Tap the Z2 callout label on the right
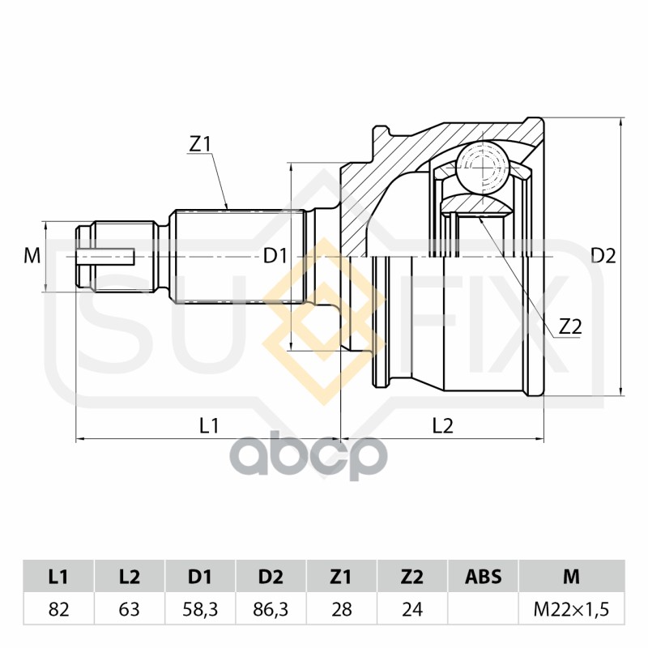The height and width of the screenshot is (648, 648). (570, 327)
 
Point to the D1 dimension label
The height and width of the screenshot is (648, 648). (275, 256)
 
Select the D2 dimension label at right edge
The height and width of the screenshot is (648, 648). (603, 256)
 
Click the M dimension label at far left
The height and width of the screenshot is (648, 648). (32, 256)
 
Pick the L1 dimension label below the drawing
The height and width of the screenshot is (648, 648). (209, 425)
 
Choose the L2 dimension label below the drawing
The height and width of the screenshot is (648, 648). (442, 425)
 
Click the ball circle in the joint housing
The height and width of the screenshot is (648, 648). (483, 168)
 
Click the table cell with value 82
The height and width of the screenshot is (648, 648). (58, 609)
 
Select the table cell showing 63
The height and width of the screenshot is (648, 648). (130, 609)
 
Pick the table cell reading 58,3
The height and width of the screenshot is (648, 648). (200, 609)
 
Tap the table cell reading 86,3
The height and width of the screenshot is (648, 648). (271, 609)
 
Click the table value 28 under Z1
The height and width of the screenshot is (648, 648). (341, 609)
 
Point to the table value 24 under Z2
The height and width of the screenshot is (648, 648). (412, 609)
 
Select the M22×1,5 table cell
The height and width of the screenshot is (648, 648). (572, 609)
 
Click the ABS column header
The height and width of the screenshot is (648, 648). (483, 577)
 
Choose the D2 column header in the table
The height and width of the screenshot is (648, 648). (271, 577)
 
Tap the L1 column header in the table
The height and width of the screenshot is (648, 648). (58, 577)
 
